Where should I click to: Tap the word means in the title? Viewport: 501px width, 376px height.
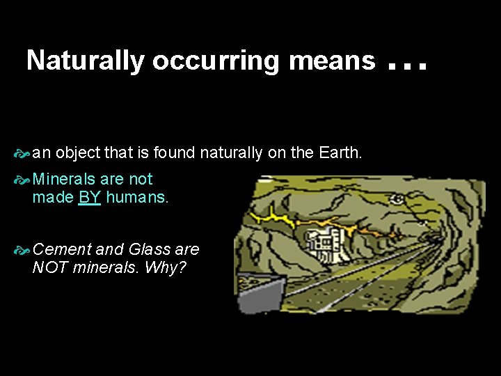pos(332,61)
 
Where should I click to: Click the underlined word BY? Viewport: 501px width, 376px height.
pos(90,197)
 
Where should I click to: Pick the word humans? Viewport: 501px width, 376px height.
pos(137,197)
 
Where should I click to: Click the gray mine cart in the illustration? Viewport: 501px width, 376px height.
pos(261,293)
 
